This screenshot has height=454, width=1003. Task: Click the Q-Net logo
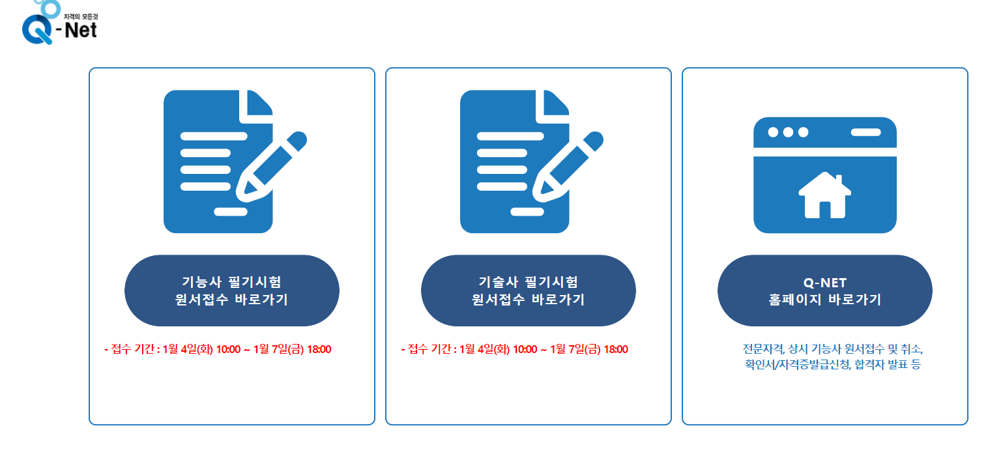60,26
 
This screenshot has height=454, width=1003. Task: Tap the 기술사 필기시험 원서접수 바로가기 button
528,291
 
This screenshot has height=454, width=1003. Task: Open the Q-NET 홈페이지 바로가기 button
824,291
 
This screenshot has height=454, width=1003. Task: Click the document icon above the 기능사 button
218,162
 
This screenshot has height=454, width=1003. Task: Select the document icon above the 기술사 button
515,162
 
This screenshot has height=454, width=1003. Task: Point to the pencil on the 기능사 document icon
271,165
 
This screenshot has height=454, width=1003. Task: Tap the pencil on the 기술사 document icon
568,165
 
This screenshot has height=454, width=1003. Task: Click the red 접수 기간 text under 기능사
218,349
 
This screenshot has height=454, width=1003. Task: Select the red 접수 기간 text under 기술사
514,349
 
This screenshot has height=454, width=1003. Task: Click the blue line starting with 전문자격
833,348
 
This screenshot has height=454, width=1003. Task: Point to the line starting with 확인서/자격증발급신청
833,364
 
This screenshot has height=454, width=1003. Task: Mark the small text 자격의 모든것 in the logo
80,14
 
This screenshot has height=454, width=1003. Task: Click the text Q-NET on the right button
824,282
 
